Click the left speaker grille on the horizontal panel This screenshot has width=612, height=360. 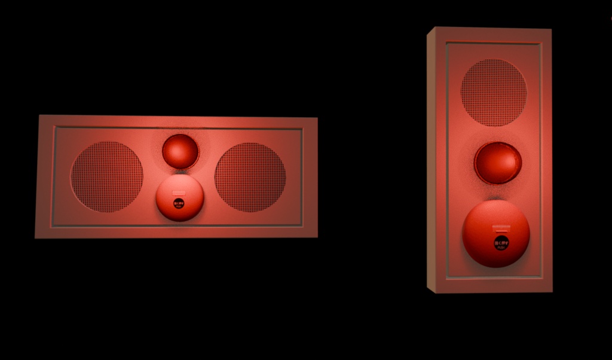pos(107,177)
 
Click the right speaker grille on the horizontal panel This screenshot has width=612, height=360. pos(250,178)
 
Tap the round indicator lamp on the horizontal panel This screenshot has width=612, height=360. pos(180,151)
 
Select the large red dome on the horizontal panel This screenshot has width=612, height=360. pos(179,197)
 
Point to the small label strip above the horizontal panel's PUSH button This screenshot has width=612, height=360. pos(179,193)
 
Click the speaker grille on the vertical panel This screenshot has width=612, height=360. pos(494,93)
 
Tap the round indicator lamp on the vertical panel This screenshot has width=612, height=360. pos(497,163)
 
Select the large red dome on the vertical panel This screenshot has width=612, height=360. pos(495,233)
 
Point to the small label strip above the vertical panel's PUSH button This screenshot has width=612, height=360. pos(500,228)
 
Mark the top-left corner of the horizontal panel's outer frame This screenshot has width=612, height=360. pos(39,116)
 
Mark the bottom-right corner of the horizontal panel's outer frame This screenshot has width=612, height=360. pos(317,237)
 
